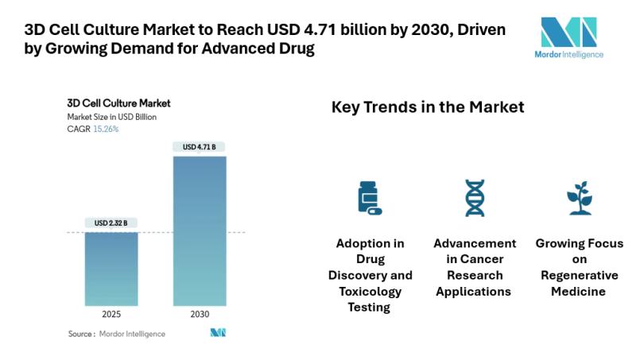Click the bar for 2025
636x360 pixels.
(x=111, y=269)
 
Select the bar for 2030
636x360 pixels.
(x=200, y=230)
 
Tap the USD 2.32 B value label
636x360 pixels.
(x=111, y=222)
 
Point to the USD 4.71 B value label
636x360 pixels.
(x=200, y=147)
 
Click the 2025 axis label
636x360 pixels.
(x=111, y=315)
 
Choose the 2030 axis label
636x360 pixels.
(x=200, y=315)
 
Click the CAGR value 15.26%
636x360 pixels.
(x=106, y=129)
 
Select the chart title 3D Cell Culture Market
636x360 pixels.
(x=118, y=103)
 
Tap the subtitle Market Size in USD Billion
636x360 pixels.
(x=112, y=117)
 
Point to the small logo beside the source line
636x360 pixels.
(x=218, y=333)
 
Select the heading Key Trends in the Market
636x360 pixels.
(x=428, y=107)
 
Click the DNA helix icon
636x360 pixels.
(x=475, y=197)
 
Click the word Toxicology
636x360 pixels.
(x=370, y=291)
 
